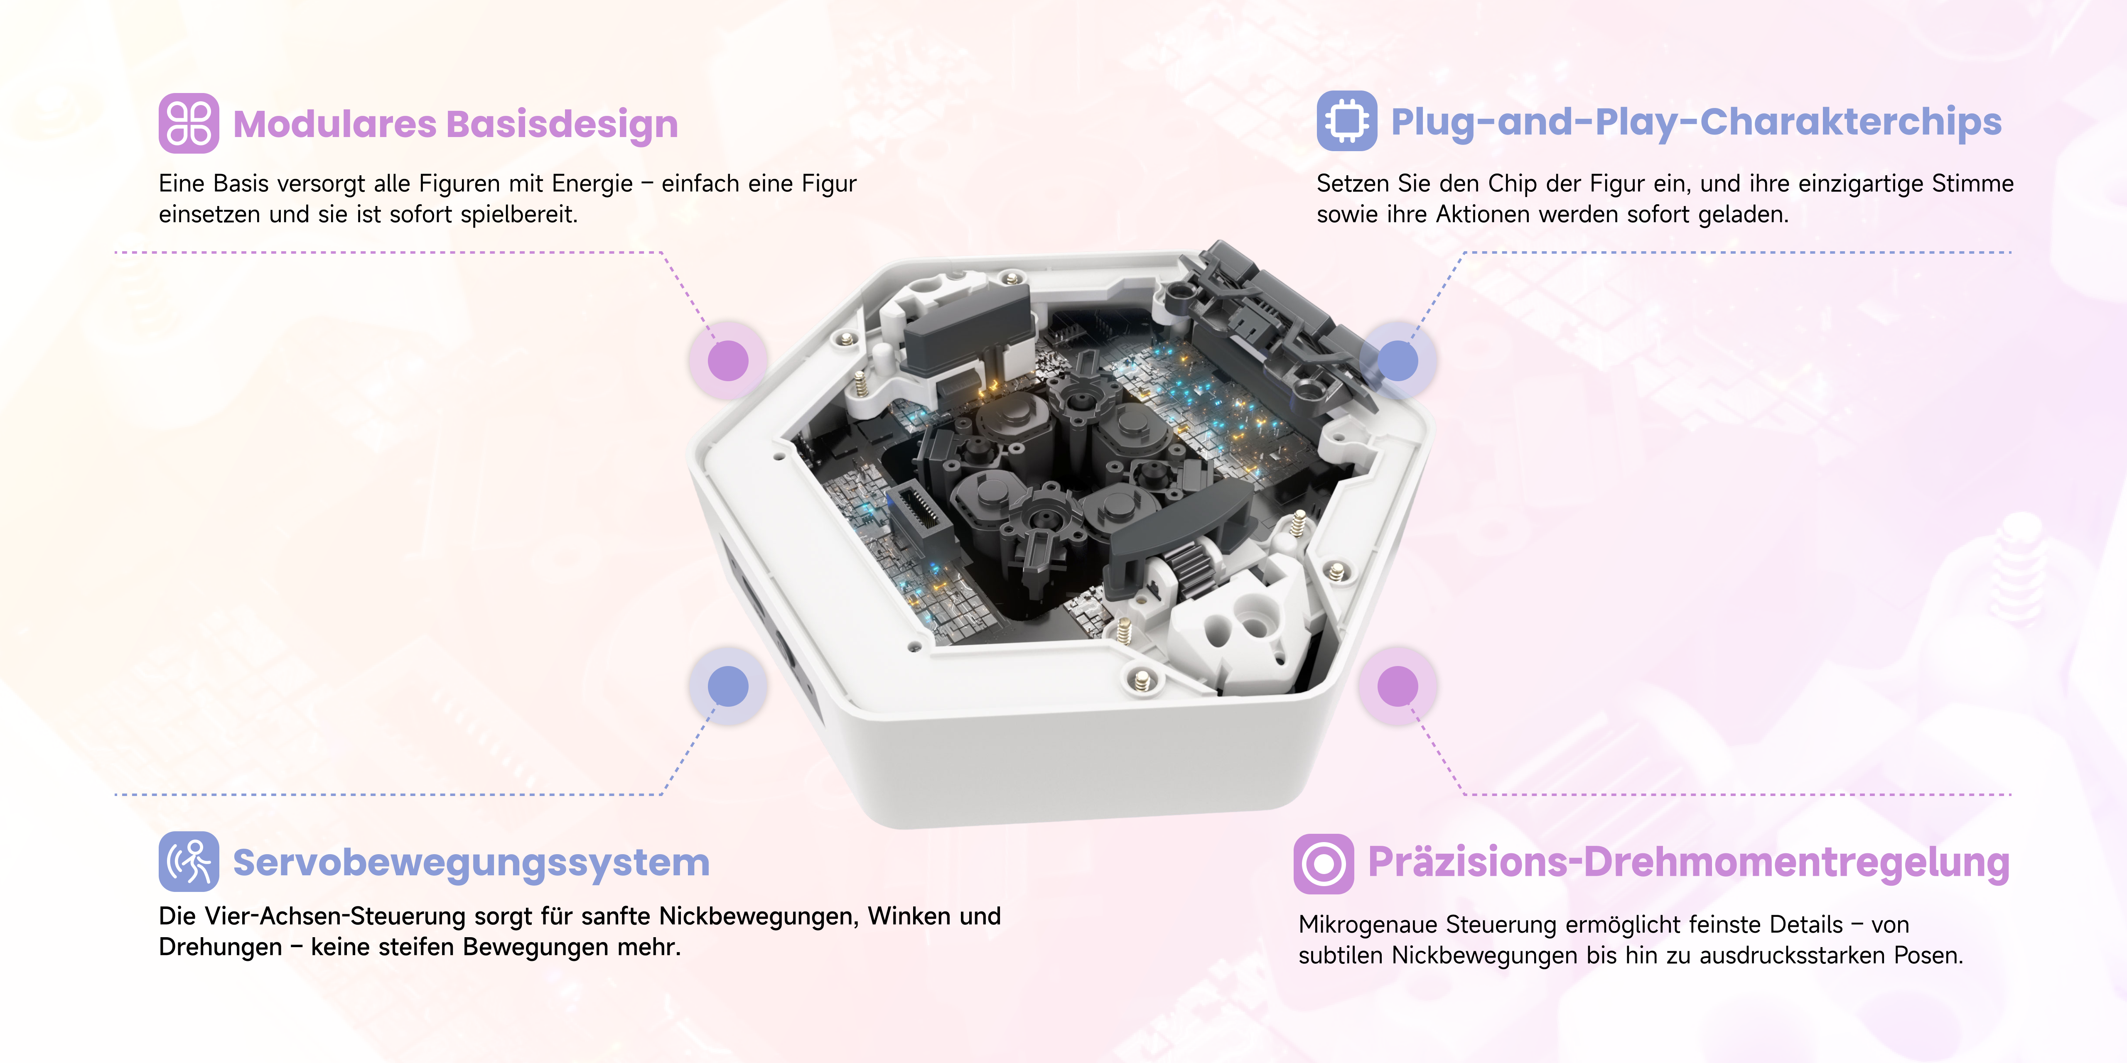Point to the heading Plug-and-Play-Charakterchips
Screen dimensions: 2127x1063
[x=1696, y=122]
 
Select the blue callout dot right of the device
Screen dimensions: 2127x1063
[x=1398, y=361]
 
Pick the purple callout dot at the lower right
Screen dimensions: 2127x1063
[x=1398, y=686]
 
